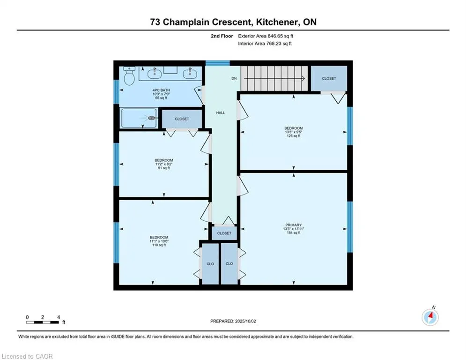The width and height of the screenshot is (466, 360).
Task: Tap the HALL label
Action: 221,113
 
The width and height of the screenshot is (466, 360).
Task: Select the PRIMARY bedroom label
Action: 294,225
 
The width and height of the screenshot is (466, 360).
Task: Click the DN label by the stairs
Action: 234,79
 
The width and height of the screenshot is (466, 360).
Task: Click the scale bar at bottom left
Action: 43,322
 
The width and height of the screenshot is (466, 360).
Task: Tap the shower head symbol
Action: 152,119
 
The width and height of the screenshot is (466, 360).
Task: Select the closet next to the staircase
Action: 329,78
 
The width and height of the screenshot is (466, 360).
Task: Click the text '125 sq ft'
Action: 294,136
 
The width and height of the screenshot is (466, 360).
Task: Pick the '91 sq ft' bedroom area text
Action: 164,168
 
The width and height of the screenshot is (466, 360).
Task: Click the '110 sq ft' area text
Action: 159,245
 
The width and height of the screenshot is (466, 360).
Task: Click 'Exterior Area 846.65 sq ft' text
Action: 266,36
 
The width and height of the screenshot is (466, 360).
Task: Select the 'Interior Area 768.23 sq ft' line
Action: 265,44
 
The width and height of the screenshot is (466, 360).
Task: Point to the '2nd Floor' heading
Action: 222,36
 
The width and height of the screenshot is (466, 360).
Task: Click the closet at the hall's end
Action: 224,233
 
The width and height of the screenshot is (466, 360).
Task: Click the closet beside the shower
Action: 182,119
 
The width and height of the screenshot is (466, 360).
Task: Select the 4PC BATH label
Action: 161,90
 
